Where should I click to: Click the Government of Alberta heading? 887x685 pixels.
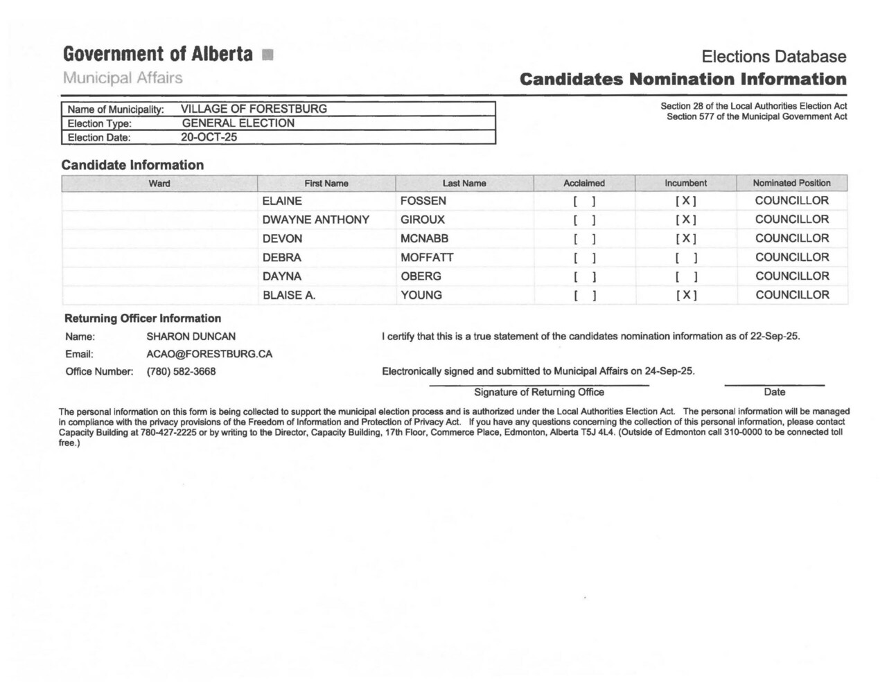(x=158, y=54)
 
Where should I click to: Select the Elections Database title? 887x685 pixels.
(x=773, y=57)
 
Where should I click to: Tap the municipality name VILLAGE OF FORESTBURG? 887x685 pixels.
(x=254, y=109)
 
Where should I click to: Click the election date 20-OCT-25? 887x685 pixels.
(x=209, y=137)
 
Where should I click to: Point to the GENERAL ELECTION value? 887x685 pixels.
(x=238, y=123)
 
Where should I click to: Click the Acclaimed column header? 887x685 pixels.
(x=584, y=184)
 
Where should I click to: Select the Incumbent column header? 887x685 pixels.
(x=685, y=184)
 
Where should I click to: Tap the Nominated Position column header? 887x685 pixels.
(x=791, y=184)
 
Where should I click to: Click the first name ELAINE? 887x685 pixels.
(x=282, y=201)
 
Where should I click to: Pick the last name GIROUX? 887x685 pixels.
(x=423, y=220)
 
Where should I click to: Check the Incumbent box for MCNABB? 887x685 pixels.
(x=686, y=239)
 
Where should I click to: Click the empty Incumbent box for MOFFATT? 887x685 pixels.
(x=686, y=258)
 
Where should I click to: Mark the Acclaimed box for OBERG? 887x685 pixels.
(x=584, y=277)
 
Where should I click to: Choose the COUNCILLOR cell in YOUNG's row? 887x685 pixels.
(x=792, y=295)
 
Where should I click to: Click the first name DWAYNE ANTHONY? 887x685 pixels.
(x=315, y=220)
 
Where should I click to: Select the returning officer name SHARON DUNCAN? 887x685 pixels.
(x=191, y=337)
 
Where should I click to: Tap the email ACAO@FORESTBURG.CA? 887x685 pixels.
(x=209, y=354)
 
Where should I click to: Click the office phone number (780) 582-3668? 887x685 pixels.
(x=181, y=372)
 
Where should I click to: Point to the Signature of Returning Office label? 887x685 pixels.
(x=539, y=392)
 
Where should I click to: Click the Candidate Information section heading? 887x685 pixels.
(x=132, y=165)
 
